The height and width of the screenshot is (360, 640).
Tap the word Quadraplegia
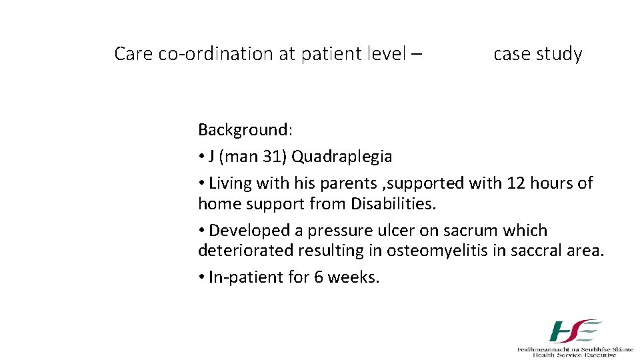click(342, 157)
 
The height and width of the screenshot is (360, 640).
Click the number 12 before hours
click(517, 183)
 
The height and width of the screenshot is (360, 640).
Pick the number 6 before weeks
click(319, 277)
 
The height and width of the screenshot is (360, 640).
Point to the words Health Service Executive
click(575, 355)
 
